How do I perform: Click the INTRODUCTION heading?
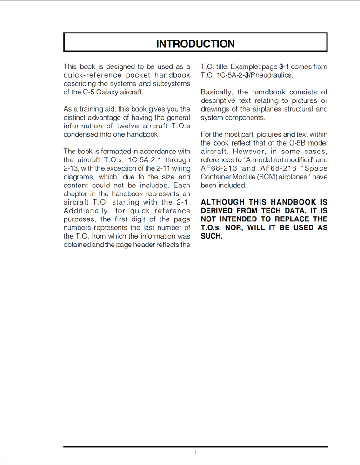195,44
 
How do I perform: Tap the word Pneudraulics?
272,75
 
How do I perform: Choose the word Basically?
217,92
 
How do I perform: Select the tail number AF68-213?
219,168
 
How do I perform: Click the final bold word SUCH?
212,236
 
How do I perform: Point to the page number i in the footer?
196,452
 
